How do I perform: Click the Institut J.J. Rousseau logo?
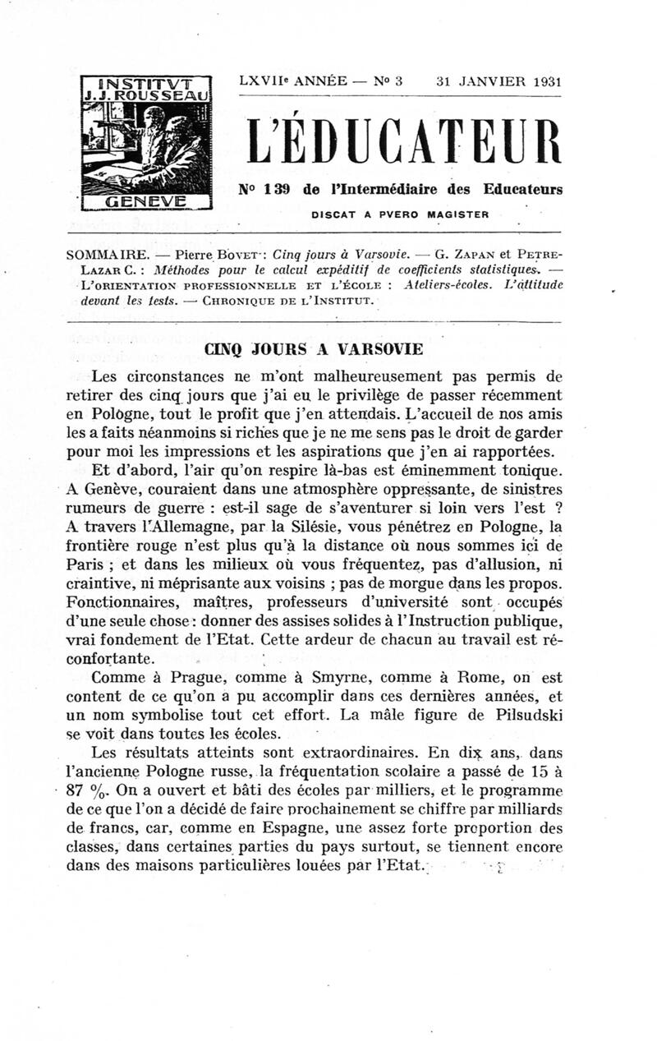point(146,141)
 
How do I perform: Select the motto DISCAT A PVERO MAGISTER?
point(400,214)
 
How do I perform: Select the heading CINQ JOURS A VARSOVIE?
point(315,348)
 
